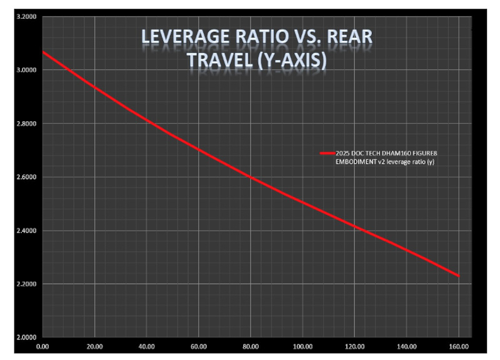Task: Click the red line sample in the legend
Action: [327, 152]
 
